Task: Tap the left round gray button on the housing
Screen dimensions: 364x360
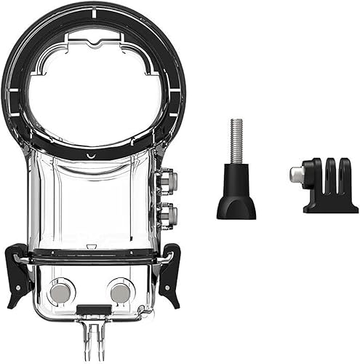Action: (60, 291)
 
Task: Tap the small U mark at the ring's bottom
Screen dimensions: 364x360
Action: (89, 156)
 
